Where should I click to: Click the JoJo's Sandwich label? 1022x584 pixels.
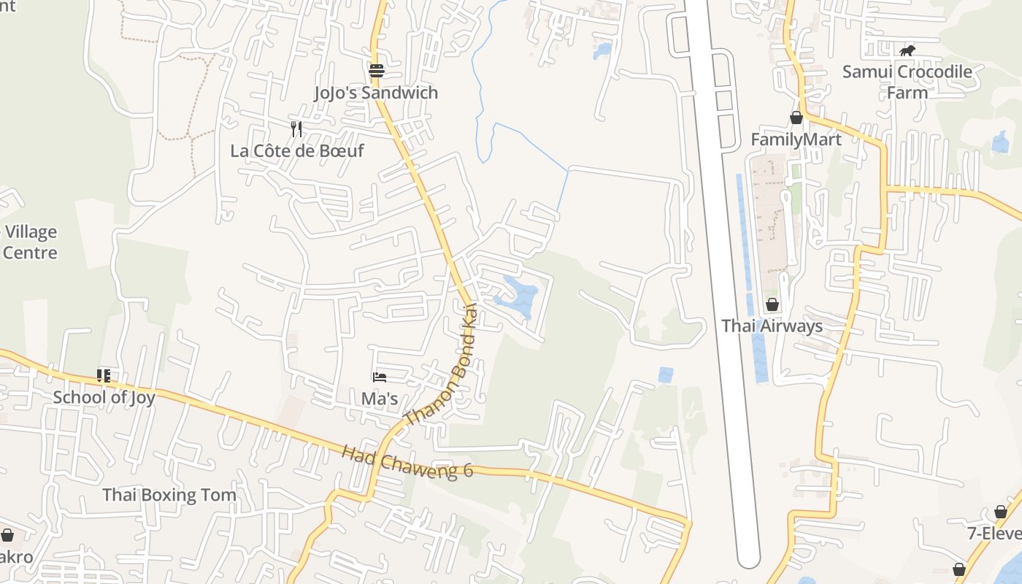376,93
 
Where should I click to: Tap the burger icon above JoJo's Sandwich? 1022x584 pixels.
377,71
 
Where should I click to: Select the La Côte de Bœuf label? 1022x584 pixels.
296,151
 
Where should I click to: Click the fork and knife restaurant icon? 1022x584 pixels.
296,129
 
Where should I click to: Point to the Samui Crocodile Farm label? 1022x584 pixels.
907,82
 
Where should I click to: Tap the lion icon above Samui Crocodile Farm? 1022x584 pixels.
907,50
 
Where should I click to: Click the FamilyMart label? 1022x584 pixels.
796,139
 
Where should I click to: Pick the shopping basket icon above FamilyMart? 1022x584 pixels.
796,118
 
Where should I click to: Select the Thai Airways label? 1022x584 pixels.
772,326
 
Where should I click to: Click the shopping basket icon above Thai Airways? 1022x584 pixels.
772,304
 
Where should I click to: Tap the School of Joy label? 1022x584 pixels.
104,398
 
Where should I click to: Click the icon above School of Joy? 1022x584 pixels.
104,376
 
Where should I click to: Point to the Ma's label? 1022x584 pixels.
380,399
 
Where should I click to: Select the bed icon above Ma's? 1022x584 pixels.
380,377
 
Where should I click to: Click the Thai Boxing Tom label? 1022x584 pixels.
169,495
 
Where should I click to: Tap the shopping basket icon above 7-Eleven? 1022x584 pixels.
1001,512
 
